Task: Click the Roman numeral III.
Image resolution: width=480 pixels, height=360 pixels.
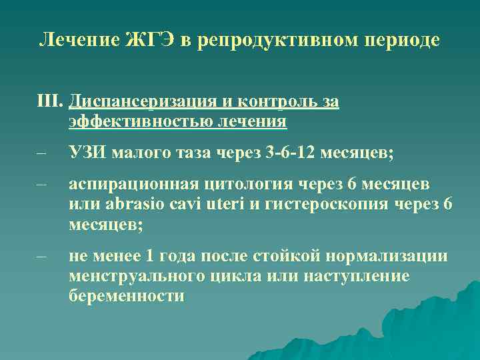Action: [49, 101]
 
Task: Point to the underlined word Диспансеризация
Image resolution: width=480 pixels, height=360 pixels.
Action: [141, 101]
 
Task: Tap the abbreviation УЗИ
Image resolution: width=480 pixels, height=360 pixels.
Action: [87, 154]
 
